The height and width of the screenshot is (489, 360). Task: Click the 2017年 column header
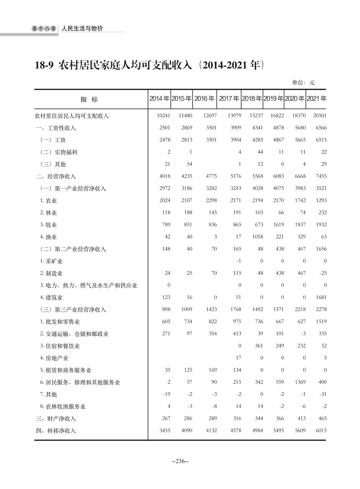pyautogui.click(x=229, y=99)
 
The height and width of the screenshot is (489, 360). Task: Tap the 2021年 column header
pyautogui.click(x=316, y=99)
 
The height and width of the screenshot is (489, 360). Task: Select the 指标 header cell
pyautogui.click(x=89, y=100)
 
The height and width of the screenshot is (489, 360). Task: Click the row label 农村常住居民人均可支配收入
pyautogui.click(x=72, y=116)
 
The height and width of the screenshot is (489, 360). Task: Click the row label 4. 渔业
pyautogui.click(x=49, y=237)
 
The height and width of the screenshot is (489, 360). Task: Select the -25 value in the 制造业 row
pyautogui.click(x=322, y=273)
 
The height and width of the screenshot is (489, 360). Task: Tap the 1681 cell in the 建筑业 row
pyautogui.click(x=321, y=297)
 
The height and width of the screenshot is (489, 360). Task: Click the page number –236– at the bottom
pyautogui.click(x=180, y=461)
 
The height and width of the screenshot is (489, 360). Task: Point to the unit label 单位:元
pyautogui.click(x=303, y=83)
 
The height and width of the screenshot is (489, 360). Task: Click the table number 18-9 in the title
pyautogui.click(x=44, y=65)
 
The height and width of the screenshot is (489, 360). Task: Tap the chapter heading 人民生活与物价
pyautogui.click(x=82, y=29)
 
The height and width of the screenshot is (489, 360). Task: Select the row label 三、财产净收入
pyautogui.click(x=56, y=419)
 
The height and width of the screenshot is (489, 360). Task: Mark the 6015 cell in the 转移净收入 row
pyautogui.click(x=321, y=430)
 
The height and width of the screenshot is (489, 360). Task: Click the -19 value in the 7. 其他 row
pyautogui.click(x=166, y=394)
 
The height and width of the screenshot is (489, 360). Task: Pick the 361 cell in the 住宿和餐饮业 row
pyautogui.click(x=259, y=345)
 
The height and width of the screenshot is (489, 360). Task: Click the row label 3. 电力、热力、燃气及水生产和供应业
pyautogui.click(x=89, y=285)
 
